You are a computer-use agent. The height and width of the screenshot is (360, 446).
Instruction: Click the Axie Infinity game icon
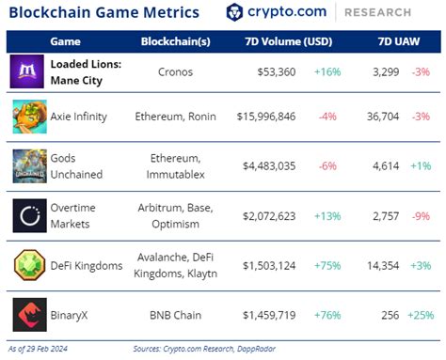click(30, 117)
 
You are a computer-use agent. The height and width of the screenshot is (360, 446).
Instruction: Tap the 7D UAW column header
click(399, 41)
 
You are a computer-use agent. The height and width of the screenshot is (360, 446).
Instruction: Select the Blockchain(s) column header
click(176, 41)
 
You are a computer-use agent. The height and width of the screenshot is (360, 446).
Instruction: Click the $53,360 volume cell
click(277, 72)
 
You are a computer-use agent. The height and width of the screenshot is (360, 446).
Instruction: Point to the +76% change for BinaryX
click(327, 315)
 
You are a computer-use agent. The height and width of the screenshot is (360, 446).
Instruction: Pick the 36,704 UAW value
click(383, 117)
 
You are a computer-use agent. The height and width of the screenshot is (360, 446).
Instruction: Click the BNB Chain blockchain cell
click(175, 315)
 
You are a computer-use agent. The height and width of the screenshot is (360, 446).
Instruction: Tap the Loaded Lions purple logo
click(27, 71)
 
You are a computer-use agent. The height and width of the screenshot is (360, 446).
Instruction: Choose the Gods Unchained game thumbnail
click(30, 166)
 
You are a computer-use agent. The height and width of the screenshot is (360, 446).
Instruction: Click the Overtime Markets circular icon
click(30, 216)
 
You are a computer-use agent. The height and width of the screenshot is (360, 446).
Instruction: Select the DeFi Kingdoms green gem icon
click(30, 265)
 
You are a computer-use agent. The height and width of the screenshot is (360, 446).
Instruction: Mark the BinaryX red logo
click(30, 315)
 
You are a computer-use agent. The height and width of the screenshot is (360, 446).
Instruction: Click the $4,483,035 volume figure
click(269, 166)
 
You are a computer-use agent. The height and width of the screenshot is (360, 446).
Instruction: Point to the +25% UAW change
click(421, 315)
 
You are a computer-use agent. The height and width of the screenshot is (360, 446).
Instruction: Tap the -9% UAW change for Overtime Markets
click(421, 216)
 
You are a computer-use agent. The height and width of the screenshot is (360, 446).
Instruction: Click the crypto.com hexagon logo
click(234, 12)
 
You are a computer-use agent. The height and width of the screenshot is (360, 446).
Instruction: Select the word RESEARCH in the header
click(378, 12)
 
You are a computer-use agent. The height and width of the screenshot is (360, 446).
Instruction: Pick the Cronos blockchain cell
click(175, 72)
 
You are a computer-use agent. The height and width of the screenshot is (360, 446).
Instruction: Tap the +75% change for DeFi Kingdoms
click(327, 266)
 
